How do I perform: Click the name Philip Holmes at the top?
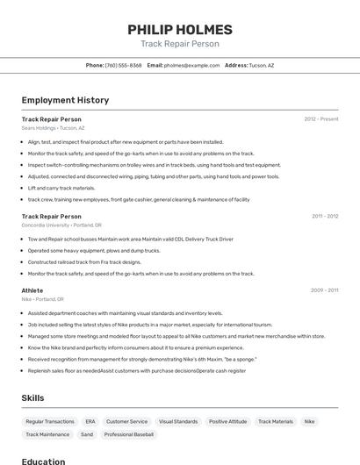180,29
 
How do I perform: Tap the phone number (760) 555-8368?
123,65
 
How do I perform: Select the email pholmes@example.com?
191,65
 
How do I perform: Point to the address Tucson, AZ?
261,65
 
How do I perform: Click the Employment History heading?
65,100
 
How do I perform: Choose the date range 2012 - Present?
321,119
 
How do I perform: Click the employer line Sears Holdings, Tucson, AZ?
53,128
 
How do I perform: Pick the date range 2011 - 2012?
324,216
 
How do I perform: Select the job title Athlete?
32,290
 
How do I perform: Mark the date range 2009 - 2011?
324,290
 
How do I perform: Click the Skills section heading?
32,397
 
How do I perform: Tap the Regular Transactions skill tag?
50,422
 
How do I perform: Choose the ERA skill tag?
90,422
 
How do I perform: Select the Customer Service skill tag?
126,422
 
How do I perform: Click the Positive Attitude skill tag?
227,422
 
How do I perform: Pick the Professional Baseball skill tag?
129,434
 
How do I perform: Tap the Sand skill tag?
87,434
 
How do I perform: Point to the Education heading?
43,461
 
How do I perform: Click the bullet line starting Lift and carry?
61,188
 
